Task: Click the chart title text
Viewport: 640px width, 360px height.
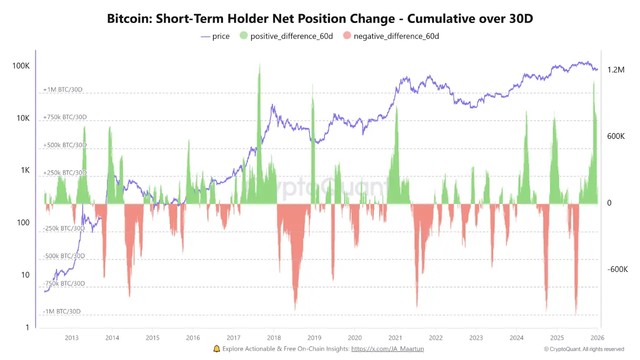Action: pos(320,19)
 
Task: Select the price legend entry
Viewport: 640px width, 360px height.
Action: pos(215,36)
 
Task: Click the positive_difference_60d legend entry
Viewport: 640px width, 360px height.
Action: pos(286,36)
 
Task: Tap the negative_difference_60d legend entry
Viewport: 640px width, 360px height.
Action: pos(390,36)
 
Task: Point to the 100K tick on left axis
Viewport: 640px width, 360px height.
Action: pos(21,66)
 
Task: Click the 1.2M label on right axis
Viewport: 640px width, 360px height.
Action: pos(616,70)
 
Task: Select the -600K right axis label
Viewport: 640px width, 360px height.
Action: pos(617,269)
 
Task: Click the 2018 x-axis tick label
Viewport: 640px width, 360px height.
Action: pos(273,337)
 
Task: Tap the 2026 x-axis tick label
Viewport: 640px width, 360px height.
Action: pos(597,337)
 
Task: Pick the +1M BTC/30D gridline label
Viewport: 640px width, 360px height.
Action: pos(62,89)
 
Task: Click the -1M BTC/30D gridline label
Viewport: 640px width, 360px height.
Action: pos(61,311)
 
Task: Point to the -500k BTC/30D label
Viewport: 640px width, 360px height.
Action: pos(63,256)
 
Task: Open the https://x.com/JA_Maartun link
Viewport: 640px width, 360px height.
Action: pos(387,349)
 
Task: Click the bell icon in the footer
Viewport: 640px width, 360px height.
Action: pos(216,349)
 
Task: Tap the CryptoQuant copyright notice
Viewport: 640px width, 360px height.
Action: pos(584,349)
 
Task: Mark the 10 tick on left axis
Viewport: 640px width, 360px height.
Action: pos(25,275)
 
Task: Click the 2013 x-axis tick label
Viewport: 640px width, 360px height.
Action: pos(71,337)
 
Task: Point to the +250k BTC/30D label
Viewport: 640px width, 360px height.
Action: pos(64,172)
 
